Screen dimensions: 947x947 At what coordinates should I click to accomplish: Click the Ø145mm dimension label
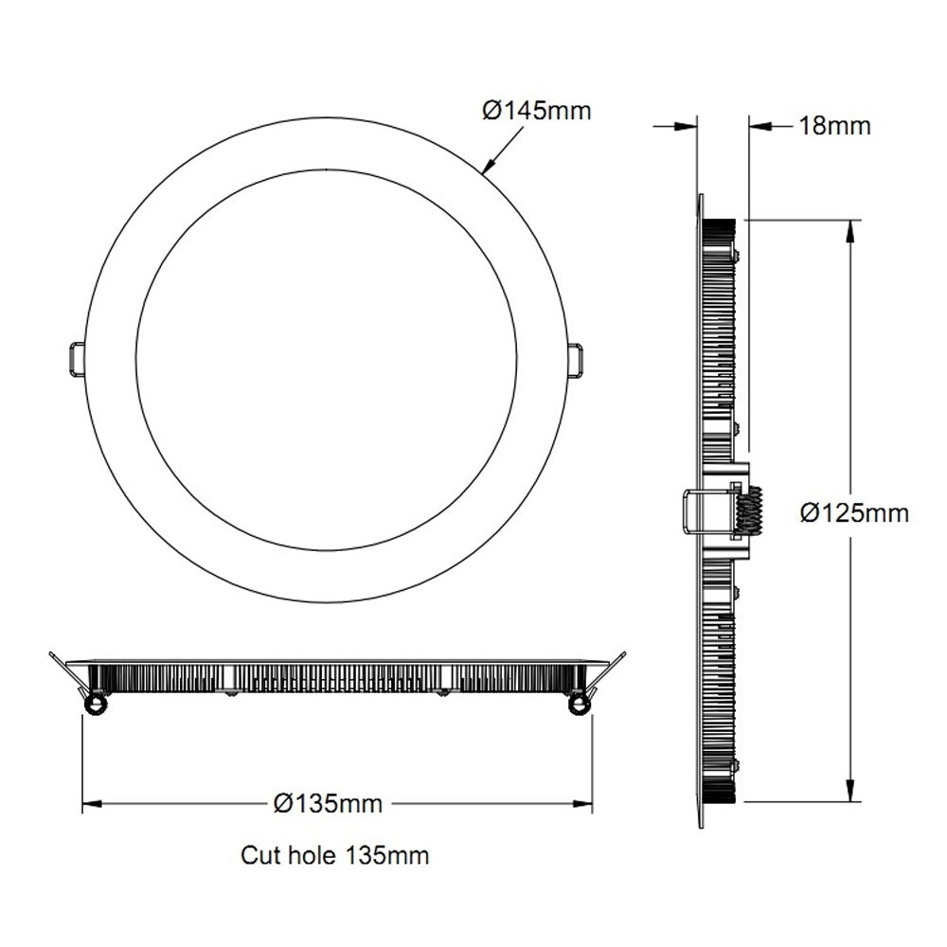pos(536,111)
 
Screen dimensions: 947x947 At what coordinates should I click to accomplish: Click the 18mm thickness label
pos(834,125)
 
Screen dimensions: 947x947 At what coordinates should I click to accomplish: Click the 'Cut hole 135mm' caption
pos(334,856)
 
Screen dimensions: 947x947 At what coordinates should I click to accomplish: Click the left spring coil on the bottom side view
pos(95,704)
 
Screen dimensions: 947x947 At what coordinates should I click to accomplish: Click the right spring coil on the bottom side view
pos(577,704)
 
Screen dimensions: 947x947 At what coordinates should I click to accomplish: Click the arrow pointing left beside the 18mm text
pos(761,125)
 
